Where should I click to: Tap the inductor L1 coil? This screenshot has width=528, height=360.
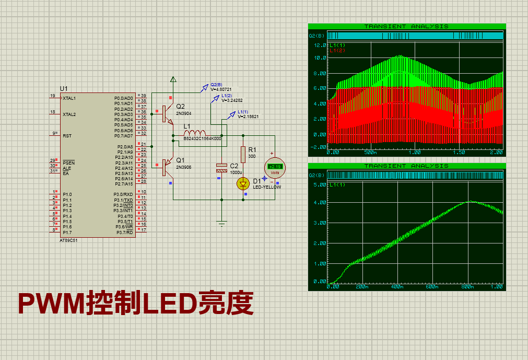tap(195, 133)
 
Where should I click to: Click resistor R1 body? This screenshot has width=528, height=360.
tap(243, 154)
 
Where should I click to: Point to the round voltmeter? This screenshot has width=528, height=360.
tap(275, 167)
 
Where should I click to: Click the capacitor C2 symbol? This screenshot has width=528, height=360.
tap(222, 168)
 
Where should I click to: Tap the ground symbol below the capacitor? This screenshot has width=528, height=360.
tap(222, 224)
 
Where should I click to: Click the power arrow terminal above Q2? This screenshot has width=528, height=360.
tap(173, 79)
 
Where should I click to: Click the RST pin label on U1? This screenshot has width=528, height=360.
tap(67, 136)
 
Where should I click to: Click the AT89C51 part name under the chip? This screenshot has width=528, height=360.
tap(69, 240)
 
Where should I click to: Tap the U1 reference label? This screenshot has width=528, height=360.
tap(64, 89)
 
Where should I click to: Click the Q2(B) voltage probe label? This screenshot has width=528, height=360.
tap(216, 85)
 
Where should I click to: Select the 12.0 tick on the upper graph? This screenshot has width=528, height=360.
tap(320, 45)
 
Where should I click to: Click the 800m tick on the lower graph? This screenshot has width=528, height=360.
tap(466, 287)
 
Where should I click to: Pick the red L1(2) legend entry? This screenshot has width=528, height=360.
tap(337, 50)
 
